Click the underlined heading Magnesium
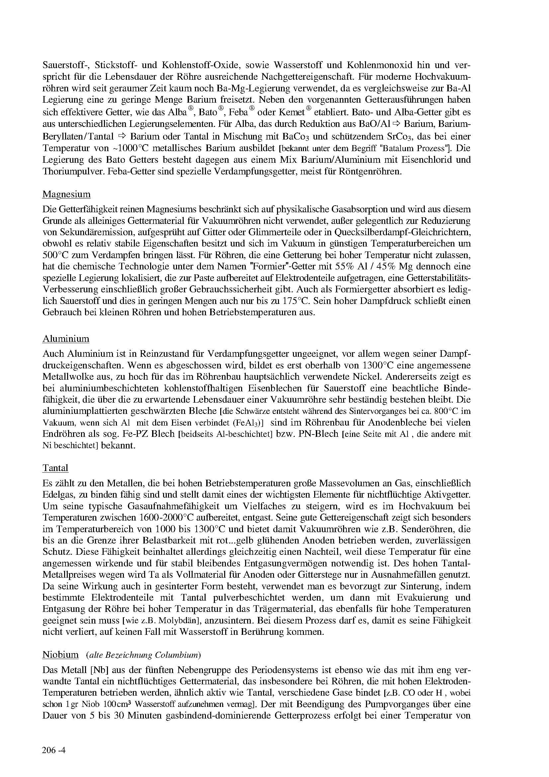[66, 194]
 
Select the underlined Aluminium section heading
[66, 339]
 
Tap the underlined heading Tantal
[55, 468]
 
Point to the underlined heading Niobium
[60, 654]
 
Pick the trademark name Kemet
[290, 112]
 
